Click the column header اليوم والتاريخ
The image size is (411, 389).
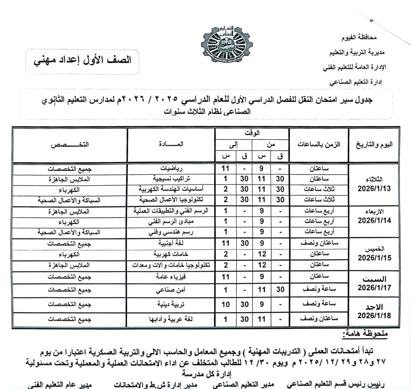pos(374,145)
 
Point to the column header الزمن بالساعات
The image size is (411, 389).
pos(319,145)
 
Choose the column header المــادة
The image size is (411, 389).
pos(171,144)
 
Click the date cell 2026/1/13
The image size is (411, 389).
pos(374,189)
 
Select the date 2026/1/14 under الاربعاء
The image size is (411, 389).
pos(374,221)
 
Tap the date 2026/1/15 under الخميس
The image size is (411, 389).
pos(374,258)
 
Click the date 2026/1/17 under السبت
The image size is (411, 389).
pos(374,288)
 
